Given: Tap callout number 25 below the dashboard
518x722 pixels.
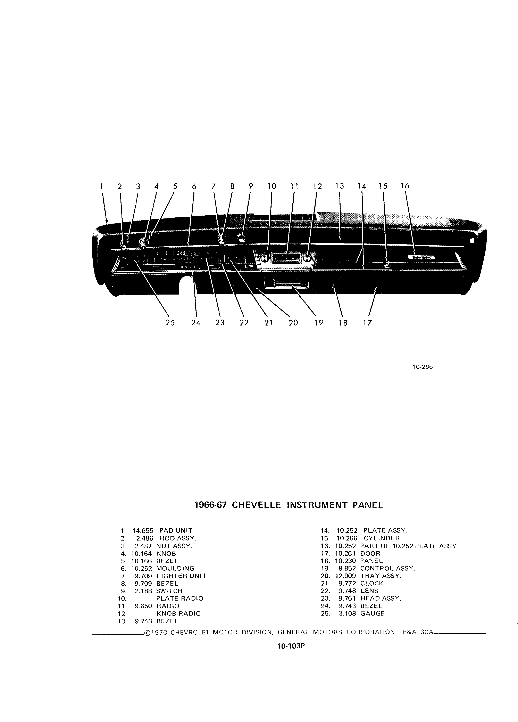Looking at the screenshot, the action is click(x=170, y=323).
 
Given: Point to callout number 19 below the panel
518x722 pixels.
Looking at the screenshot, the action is click(x=319, y=323).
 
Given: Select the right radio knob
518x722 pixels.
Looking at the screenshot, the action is click(x=307, y=257).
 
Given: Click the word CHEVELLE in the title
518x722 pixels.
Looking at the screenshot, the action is click(x=257, y=505).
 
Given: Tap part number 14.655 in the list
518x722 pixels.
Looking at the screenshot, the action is click(x=143, y=531).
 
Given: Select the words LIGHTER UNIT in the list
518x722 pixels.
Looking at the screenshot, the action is click(x=181, y=576).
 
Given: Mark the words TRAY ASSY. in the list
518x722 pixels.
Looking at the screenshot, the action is click(x=381, y=576).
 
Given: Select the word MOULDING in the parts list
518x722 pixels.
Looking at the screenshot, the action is click(x=175, y=568).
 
